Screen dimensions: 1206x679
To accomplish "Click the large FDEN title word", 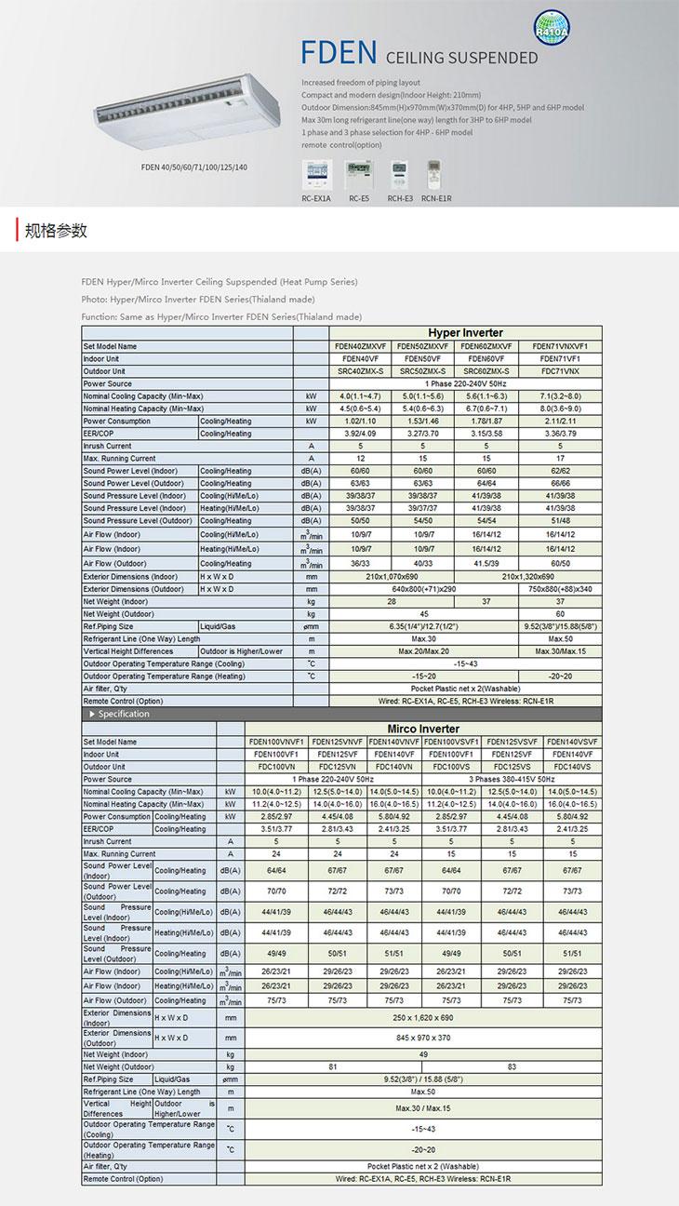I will tap(339, 53).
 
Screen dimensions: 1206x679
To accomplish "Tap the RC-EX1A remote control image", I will tap(316, 175).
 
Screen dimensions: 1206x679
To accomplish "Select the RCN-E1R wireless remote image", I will tap(434, 175).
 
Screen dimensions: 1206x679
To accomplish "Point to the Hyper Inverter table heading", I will tap(465, 333).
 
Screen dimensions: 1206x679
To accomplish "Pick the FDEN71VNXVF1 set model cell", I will tap(566, 346).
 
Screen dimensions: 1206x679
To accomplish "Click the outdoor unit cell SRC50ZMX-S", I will tap(424, 371).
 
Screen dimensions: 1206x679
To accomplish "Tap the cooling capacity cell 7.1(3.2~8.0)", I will tap(566, 396).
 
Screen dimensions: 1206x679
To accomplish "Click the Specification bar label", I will tap(124, 714).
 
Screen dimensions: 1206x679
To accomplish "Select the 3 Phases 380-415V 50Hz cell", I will tap(513, 779).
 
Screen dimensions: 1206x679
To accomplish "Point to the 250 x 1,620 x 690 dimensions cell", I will tap(423, 1018).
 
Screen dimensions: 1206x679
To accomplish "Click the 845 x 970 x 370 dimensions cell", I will tap(423, 1038).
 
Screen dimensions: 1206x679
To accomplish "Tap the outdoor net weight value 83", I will tap(513, 1066).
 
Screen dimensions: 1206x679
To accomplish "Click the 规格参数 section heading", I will tap(57, 231).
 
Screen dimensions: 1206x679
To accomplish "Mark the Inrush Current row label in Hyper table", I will tap(107, 447).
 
